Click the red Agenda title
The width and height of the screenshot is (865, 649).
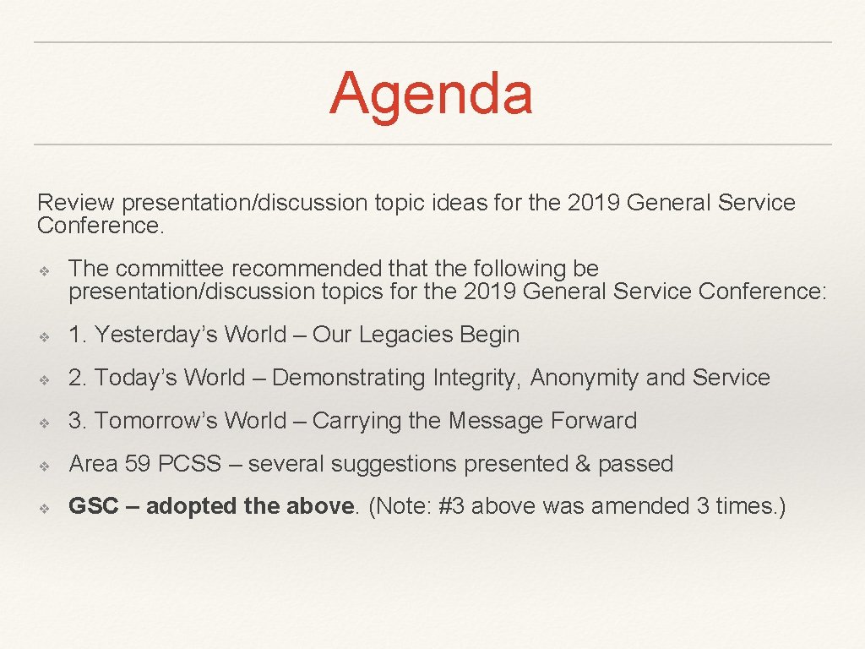pyautogui.click(x=431, y=93)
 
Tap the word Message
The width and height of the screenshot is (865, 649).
pyautogui.click(x=498, y=421)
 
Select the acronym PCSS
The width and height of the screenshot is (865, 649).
pyautogui.click(x=190, y=464)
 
